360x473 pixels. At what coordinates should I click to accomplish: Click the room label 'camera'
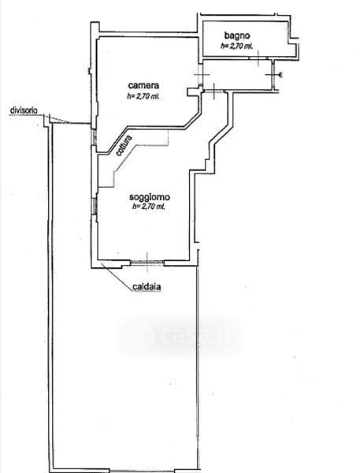[x=143, y=85]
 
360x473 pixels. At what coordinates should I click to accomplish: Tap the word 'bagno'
[x=237, y=35]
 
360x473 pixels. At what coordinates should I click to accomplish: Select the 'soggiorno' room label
[x=149, y=197]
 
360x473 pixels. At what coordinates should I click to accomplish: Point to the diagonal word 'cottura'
[x=124, y=146]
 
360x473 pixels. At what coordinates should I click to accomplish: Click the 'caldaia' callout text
[x=147, y=287]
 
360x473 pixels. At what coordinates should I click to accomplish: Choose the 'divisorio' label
[x=24, y=110]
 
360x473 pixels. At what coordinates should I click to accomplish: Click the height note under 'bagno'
[x=236, y=47]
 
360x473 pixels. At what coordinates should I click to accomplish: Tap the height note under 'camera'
[x=143, y=96]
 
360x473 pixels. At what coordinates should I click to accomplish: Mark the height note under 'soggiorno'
[x=149, y=207]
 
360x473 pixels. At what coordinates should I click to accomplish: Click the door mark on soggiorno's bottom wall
[x=147, y=263]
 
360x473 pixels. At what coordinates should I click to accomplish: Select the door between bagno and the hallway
[x=258, y=58]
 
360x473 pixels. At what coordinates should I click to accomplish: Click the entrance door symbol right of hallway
[x=274, y=75]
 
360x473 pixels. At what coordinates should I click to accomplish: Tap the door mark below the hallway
[x=213, y=91]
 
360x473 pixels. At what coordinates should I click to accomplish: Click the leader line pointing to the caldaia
[x=117, y=277]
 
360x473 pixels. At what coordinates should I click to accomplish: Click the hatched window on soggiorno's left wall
[x=95, y=207]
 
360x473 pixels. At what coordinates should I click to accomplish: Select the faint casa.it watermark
[x=180, y=336]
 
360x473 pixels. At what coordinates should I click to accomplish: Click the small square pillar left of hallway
[x=191, y=91]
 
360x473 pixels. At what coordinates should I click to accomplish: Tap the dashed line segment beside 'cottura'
[x=141, y=158]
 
